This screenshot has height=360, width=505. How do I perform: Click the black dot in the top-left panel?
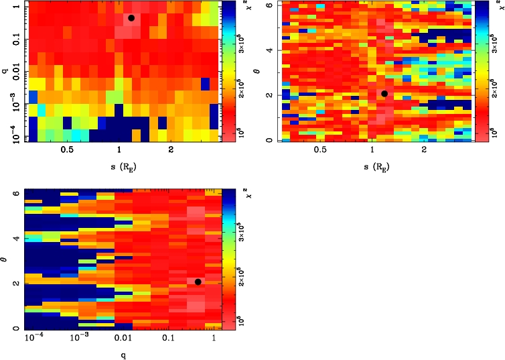point(131,18)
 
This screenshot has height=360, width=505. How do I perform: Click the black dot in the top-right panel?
point(384,94)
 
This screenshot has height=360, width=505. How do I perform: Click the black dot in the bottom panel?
point(198,282)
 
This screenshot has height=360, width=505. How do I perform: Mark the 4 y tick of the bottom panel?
point(17,237)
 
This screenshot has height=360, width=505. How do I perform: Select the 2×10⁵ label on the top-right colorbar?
point(498,85)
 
